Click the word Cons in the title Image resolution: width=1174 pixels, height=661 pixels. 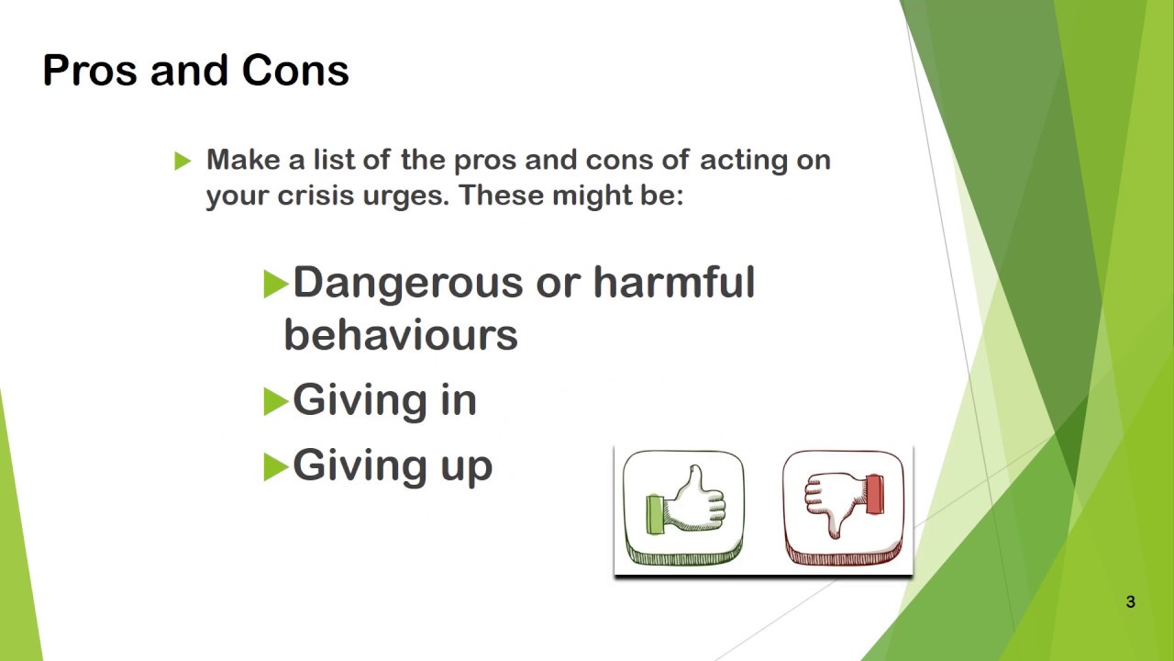tap(295, 71)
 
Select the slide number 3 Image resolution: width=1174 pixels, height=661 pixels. tap(1130, 602)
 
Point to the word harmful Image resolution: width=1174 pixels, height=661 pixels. tap(673, 282)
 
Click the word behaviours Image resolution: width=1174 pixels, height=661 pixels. tap(401, 335)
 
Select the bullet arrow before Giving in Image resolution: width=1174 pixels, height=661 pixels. tap(275, 402)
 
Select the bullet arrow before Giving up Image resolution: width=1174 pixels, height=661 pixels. tap(275, 467)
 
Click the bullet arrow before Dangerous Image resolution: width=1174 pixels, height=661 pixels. tap(275, 284)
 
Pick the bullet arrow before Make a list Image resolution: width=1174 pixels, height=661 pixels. tap(183, 162)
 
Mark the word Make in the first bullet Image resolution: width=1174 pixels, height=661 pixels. tap(243, 160)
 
